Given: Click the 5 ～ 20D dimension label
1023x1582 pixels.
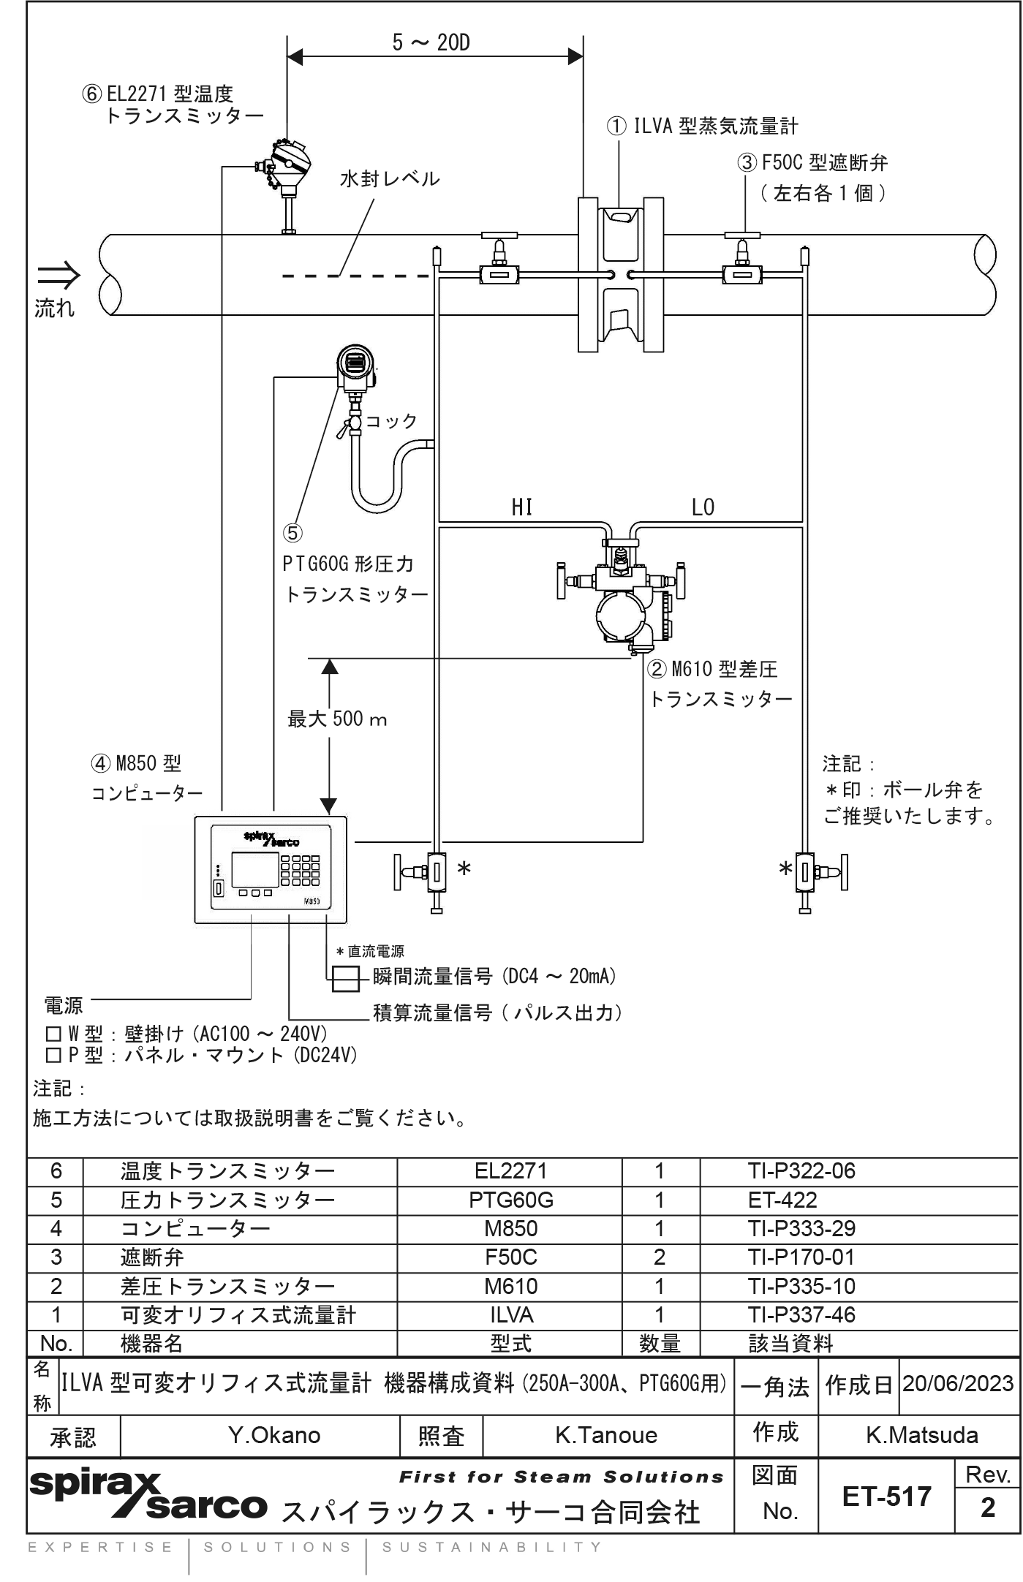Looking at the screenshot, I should pos(431,43).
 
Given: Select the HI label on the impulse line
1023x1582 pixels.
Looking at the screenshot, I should pos(521,507).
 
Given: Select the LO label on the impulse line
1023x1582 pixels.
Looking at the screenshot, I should pos(703,507).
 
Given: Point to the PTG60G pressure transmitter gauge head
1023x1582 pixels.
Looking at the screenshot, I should pos(355,363).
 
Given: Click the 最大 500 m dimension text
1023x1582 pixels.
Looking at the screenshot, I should pos(337,719).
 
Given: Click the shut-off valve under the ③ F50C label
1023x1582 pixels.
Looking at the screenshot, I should pos(741,273).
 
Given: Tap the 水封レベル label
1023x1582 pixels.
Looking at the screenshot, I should pos(390,179).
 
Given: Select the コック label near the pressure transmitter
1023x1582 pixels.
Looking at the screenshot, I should pos(391,421).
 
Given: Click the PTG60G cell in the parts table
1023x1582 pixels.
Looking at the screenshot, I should pos(511,1200).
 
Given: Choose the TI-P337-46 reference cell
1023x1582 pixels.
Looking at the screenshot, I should pos(801,1314).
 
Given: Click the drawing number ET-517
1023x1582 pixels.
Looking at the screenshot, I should pos(886,1496).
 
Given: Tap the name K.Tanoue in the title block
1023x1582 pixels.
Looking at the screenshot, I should pos(606,1435).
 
